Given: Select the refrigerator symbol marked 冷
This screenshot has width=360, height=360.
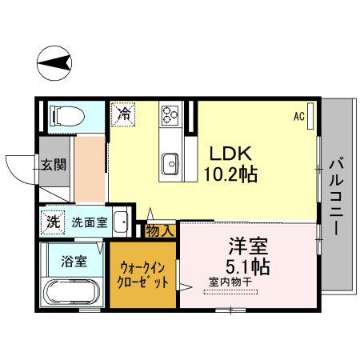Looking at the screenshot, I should coord(123,114).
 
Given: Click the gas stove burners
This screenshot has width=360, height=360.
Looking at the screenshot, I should coord(171,115).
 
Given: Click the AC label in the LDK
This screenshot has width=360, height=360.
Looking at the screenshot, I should coord(298,117).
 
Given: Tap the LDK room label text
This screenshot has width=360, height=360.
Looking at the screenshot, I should coord(231,153).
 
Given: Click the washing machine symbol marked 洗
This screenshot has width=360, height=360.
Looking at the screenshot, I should coord(53,222).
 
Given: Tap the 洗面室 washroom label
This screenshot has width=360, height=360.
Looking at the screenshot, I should coord(89,222).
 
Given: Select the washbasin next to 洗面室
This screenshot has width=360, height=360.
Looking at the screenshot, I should coord(119,221).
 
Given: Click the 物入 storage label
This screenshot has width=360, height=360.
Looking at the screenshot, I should coord(160,230).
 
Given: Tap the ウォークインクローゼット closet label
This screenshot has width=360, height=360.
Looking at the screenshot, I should coord(143,275).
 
